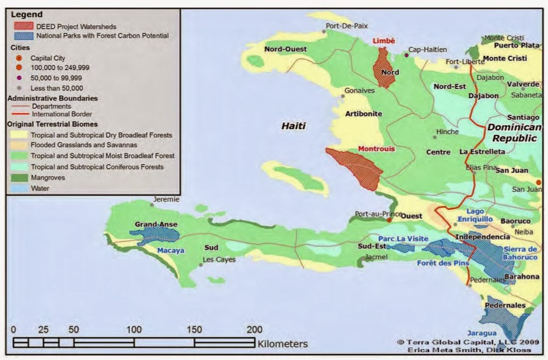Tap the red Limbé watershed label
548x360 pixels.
tap(383, 41)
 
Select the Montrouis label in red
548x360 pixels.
tap(376, 149)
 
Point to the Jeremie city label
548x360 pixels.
tap(166, 199)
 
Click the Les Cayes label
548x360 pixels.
tap(219, 260)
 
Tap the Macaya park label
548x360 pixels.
tap(171, 250)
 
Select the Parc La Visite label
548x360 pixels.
tap(403, 239)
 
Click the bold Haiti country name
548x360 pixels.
tap(294, 125)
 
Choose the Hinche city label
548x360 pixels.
tap(448, 132)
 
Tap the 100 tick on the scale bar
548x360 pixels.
tap(135, 330)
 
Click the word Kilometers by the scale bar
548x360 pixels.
tap(282, 344)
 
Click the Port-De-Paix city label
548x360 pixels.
tap(347, 26)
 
